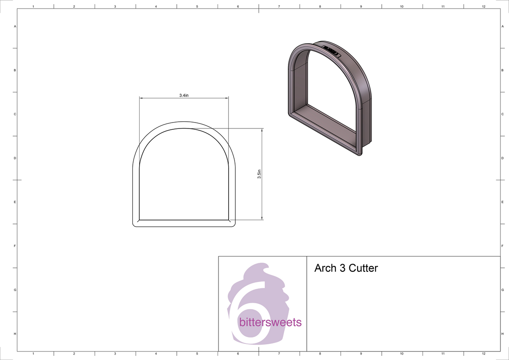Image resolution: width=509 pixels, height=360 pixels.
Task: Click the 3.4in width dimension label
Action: point(184,95)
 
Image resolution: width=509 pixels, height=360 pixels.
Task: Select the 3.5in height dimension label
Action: point(259,174)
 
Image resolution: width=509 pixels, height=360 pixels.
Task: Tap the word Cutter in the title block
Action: point(363,268)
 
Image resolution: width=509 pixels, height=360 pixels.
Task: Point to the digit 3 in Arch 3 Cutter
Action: point(342,268)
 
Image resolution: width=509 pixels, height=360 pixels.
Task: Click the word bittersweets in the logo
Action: point(270,322)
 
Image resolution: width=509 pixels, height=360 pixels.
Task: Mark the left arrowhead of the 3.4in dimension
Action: point(141,98)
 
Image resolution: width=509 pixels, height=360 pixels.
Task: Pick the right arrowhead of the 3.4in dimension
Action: point(227,98)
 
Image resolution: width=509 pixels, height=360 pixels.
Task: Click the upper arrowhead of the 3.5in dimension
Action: point(262,130)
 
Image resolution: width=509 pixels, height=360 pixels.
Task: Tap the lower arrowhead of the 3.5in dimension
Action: point(262,218)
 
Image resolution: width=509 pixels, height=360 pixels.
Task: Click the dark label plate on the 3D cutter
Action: point(332,51)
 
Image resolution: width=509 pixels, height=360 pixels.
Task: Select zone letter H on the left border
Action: point(15,334)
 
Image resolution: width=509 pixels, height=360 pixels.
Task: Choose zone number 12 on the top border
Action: point(484,6)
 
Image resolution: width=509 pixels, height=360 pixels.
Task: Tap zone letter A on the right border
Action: point(502,26)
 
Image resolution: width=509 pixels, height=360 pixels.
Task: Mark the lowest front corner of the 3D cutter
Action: point(360,155)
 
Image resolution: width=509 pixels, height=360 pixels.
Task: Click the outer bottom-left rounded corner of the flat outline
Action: point(135,224)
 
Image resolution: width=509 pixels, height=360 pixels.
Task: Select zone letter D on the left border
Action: point(15,158)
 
